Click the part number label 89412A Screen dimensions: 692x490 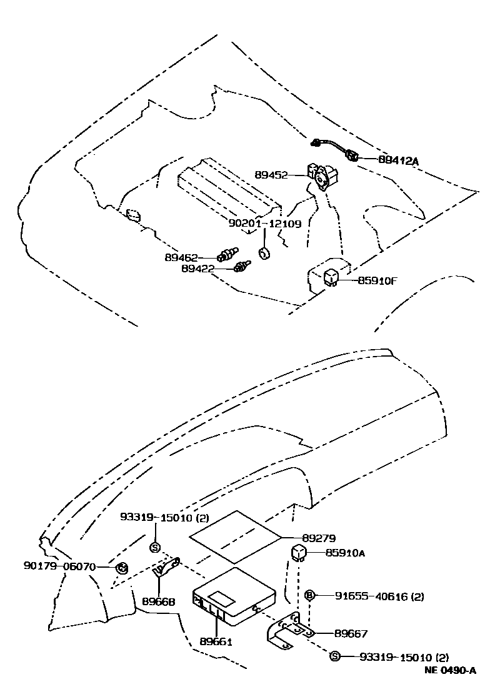(398, 160)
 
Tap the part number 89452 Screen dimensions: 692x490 (271, 175)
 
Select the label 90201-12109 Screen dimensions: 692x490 (264, 223)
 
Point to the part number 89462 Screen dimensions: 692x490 (182, 257)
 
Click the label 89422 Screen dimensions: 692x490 (198, 269)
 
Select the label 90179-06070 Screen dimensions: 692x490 (60, 566)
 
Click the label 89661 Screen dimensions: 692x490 (216, 641)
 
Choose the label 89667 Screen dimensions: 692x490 (350, 633)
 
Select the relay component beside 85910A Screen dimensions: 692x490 (299, 551)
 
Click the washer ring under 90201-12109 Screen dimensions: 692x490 (265, 253)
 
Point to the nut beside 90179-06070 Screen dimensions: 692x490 (122, 568)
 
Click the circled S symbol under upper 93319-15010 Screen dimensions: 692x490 (154, 548)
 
